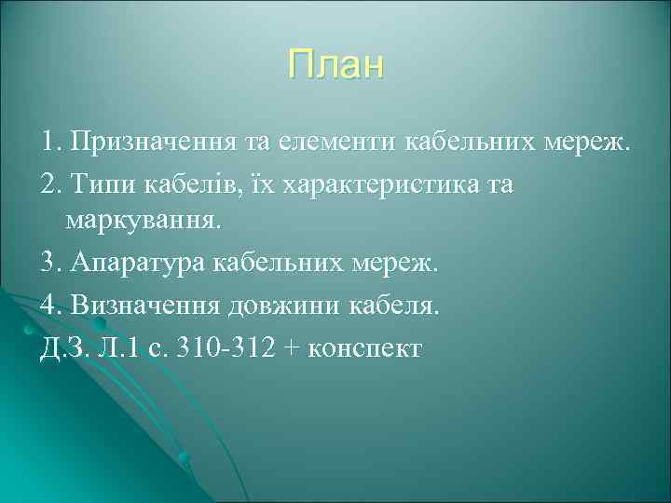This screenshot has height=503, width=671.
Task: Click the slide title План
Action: pos(335,66)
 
